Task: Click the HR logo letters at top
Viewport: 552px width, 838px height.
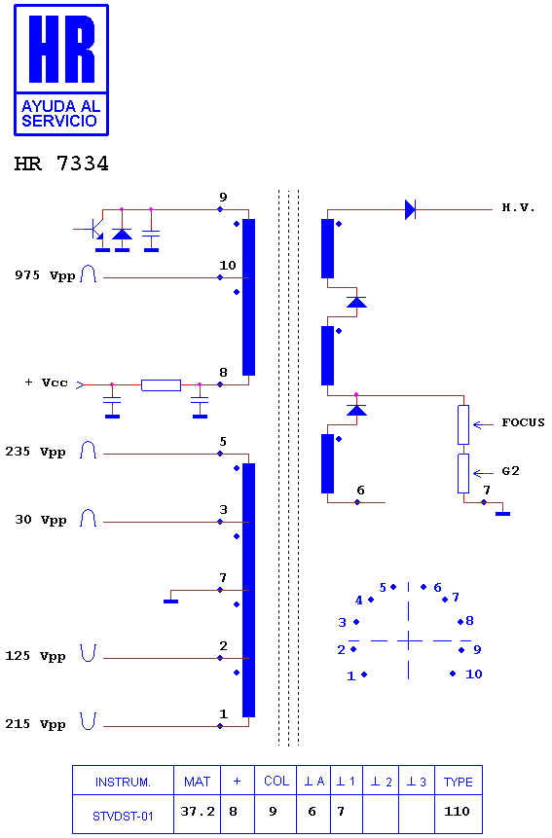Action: click(x=62, y=50)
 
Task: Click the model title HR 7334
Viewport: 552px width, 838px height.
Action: click(x=61, y=164)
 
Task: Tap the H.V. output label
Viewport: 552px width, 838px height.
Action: click(x=518, y=207)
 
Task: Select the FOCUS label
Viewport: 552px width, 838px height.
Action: click(x=523, y=422)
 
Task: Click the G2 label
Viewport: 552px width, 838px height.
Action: click(x=510, y=471)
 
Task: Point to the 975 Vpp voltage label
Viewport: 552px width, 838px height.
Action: click(x=45, y=275)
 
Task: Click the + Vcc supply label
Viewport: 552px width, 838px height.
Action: click(x=47, y=383)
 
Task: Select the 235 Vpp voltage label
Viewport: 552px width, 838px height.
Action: click(x=35, y=453)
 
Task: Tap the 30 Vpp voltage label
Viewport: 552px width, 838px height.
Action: click(x=41, y=520)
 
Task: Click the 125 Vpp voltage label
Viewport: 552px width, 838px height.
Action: click(x=35, y=656)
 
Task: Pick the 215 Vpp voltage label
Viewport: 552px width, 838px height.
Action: click(x=35, y=724)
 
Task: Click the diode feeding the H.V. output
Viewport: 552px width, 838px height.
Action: click(x=410, y=209)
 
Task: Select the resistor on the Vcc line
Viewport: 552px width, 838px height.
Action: click(x=161, y=384)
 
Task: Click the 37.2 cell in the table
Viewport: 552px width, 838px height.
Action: click(x=198, y=812)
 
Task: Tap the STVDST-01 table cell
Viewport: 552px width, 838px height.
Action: click(x=123, y=816)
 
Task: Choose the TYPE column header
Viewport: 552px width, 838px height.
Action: click(x=458, y=782)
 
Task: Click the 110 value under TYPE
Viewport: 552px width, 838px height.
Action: click(x=457, y=812)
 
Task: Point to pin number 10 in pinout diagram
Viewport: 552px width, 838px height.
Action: click(x=474, y=674)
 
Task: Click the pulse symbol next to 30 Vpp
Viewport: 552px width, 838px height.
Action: click(x=89, y=518)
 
